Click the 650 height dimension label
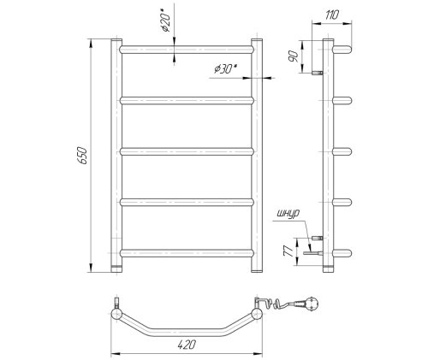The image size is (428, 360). [83, 156]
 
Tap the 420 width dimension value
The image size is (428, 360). [187, 345]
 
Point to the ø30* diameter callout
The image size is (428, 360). [226, 68]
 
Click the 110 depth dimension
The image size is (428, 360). [331, 15]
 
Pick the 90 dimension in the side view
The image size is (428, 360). [293, 56]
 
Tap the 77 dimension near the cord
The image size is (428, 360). [288, 251]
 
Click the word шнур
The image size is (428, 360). [288, 214]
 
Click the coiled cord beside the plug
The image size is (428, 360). [280, 304]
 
